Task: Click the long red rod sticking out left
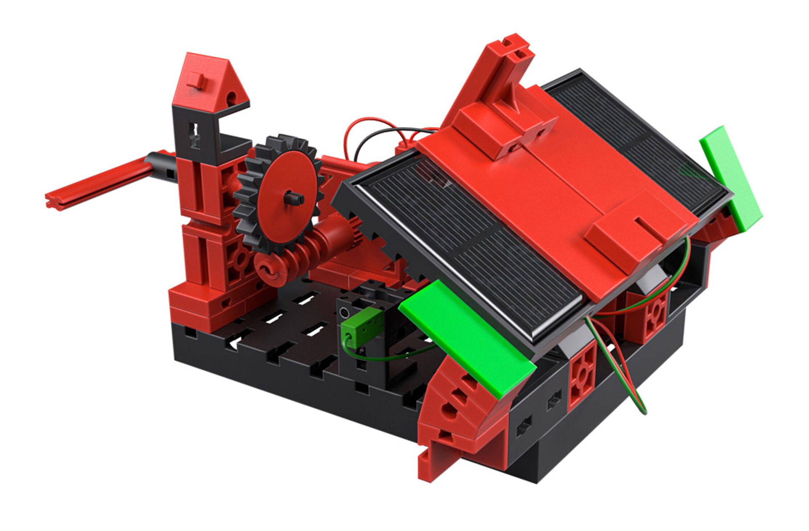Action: (x=98, y=185)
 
